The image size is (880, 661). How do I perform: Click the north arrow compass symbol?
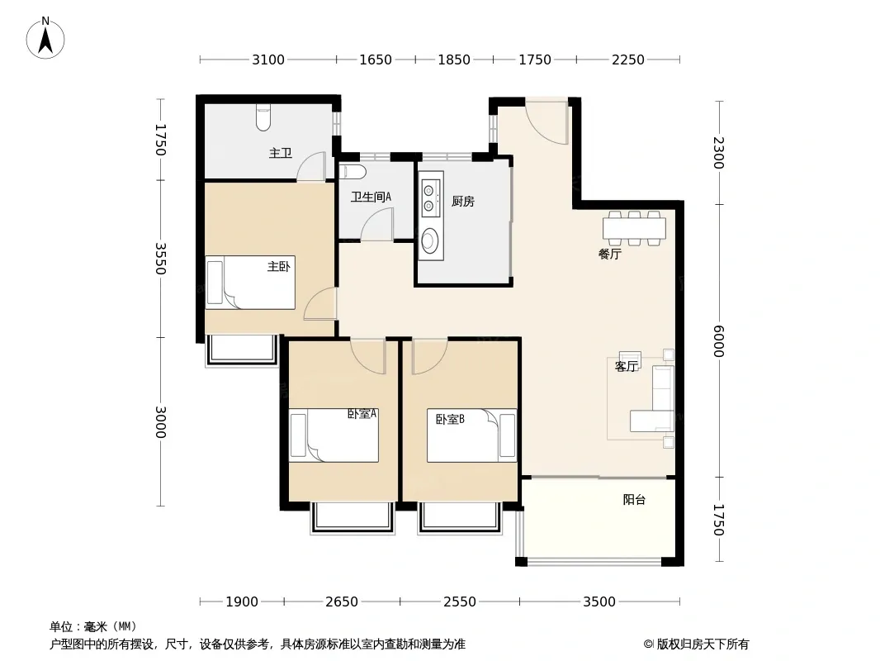45,38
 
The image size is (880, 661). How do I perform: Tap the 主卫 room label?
281,153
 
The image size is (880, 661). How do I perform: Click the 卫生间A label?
371,197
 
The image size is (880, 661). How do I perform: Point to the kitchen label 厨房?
463,201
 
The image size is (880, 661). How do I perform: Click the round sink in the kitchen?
430,241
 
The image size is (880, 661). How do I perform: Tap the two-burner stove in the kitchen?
431,197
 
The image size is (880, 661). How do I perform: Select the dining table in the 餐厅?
634,229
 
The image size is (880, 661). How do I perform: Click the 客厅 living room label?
627,367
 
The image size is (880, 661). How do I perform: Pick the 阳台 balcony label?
634,499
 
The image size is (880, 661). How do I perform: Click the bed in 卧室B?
471,435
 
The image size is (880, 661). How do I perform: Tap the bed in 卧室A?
334,435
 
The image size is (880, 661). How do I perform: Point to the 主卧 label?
279,266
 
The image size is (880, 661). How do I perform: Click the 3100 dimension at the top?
268,59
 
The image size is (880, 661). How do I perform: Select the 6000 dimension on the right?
718,341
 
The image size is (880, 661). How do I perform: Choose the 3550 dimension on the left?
160,259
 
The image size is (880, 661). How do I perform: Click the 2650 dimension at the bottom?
342,602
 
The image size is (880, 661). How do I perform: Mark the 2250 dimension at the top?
628,59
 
